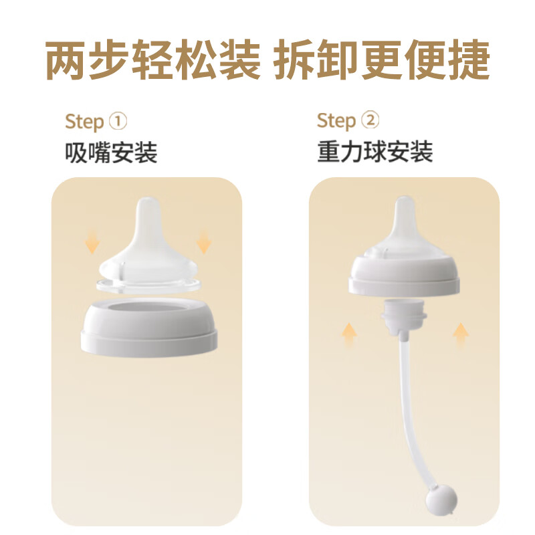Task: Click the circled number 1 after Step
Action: (117, 122)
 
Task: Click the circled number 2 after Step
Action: (369, 120)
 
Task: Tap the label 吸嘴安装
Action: (111, 153)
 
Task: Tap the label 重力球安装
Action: (375, 152)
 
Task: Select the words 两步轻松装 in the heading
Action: (152, 60)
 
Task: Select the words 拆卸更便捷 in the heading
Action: (383, 60)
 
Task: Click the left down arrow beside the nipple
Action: (92, 243)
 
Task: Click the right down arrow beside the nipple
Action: (203, 241)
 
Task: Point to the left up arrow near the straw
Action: (349, 334)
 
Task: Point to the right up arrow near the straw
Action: (460, 334)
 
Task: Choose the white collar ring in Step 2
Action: (404, 276)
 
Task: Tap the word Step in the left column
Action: (84, 122)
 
